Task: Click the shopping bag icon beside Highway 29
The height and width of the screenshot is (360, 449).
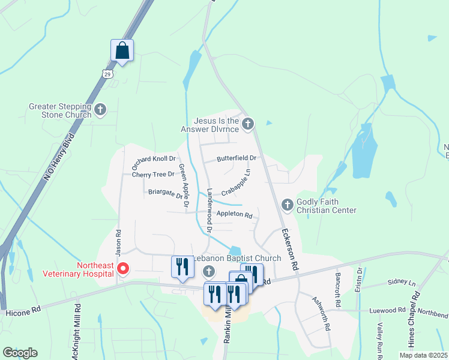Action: tap(122, 52)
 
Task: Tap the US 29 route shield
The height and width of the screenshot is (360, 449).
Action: tap(107, 73)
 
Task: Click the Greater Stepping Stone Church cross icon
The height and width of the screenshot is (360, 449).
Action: tap(100, 109)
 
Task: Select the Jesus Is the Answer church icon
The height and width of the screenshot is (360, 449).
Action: tap(248, 124)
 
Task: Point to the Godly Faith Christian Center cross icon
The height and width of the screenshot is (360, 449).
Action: tap(287, 205)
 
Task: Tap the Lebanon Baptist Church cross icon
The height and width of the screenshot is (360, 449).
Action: tap(209, 272)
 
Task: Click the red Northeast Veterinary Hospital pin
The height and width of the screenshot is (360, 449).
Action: tap(122, 268)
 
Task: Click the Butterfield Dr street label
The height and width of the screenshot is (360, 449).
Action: tap(237, 158)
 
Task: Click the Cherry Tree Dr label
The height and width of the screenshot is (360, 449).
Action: tap(153, 175)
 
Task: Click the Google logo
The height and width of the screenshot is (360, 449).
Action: tap(20, 353)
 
